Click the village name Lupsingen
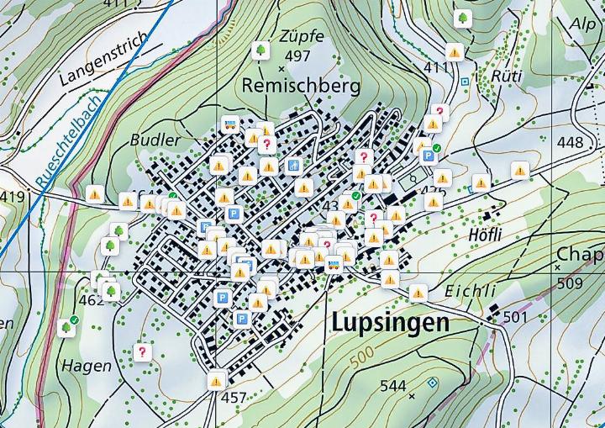click(x=390, y=324)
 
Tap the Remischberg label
click(x=300, y=86)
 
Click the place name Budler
click(x=155, y=140)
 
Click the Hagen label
click(x=86, y=366)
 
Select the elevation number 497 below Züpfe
click(x=297, y=56)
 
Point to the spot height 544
click(x=392, y=386)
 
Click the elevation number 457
click(x=233, y=398)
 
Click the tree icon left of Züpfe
click(x=261, y=51)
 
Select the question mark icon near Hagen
click(x=142, y=352)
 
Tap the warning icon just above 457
click(x=217, y=380)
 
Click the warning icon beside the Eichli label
click(x=418, y=293)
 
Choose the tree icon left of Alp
click(x=461, y=18)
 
